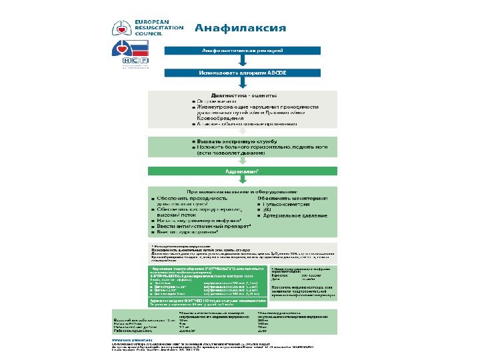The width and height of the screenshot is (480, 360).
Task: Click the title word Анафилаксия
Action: click(x=241, y=28)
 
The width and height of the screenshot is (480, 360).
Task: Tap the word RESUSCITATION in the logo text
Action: click(x=161, y=28)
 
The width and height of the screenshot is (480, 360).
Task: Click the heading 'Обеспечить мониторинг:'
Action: click(x=292, y=199)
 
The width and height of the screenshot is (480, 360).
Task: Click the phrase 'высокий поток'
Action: click(x=178, y=215)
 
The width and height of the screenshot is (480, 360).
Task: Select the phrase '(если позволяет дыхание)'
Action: click(x=229, y=153)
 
